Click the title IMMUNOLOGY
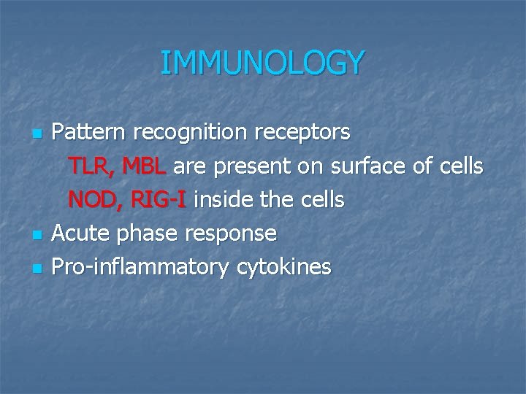[x=262, y=63]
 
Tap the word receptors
[x=302, y=134]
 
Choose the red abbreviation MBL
[x=145, y=167]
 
